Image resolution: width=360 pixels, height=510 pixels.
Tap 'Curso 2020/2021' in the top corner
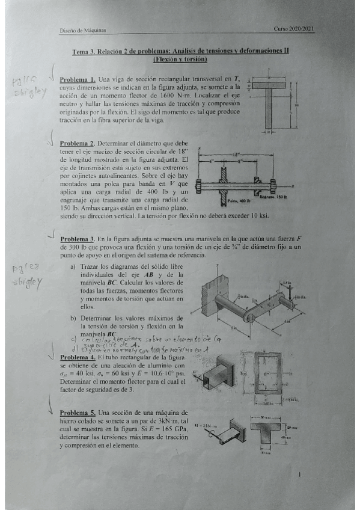[294, 28]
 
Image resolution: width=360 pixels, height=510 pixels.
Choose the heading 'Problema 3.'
[78, 239]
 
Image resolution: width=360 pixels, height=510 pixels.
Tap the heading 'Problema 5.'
[77, 413]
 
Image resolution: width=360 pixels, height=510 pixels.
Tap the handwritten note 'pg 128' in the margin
[24, 272]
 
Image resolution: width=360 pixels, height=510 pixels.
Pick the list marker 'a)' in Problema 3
[73, 266]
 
